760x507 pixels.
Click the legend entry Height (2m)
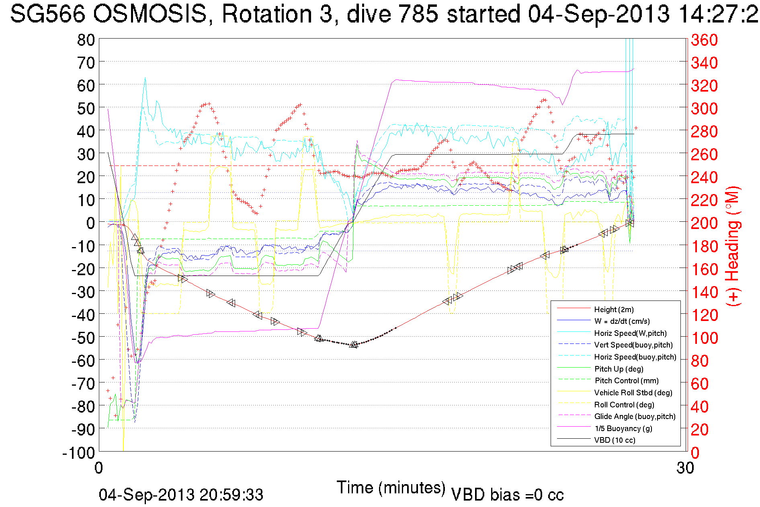tap(614, 309)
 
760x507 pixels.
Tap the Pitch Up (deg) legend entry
tap(619, 369)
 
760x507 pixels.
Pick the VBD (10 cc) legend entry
tap(615, 440)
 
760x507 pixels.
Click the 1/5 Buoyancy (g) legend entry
tap(623, 428)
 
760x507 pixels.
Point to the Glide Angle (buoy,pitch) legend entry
tap(635, 416)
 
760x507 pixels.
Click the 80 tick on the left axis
tap(86, 40)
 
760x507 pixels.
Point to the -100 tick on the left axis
tap(78, 453)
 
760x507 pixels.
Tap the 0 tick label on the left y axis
tap(90, 223)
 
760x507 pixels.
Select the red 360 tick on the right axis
tap(704, 40)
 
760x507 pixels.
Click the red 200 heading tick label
tap(704, 223)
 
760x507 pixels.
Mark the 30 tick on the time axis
tap(685, 468)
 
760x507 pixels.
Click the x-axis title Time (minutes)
tap(391, 488)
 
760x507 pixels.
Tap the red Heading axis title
tap(733, 246)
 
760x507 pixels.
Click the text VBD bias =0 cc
tap(507, 495)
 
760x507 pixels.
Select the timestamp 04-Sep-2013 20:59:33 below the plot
tap(181, 495)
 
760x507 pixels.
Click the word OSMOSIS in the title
tap(150, 14)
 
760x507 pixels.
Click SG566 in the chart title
tap(47, 14)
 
